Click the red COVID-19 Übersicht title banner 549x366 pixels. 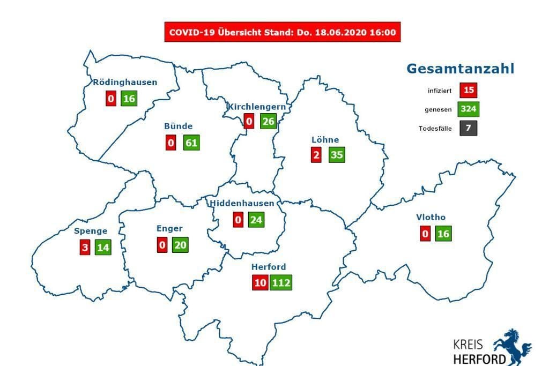[x=283, y=32]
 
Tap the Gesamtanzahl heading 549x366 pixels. [x=460, y=69]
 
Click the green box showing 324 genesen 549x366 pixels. [x=468, y=109]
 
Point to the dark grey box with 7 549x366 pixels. [x=468, y=129]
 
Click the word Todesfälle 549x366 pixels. [x=435, y=129]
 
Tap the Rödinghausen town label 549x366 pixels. [x=125, y=83]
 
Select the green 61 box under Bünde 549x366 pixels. [x=191, y=143]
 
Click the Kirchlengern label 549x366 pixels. [x=256, y=107]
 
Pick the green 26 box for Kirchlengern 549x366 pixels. [x=268, y=121]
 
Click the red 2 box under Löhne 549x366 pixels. [x=316, y=155]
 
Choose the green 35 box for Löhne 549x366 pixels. [x=337, y=155]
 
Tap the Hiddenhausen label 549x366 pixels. [x=242, y=203]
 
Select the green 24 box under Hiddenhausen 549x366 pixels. [x=256, y=220]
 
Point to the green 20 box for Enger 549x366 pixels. [x=180, y=244]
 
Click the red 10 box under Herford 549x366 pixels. [x=260, y=282]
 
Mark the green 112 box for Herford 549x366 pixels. [x=281, y=282]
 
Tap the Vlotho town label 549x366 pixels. [x=431, y=218]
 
